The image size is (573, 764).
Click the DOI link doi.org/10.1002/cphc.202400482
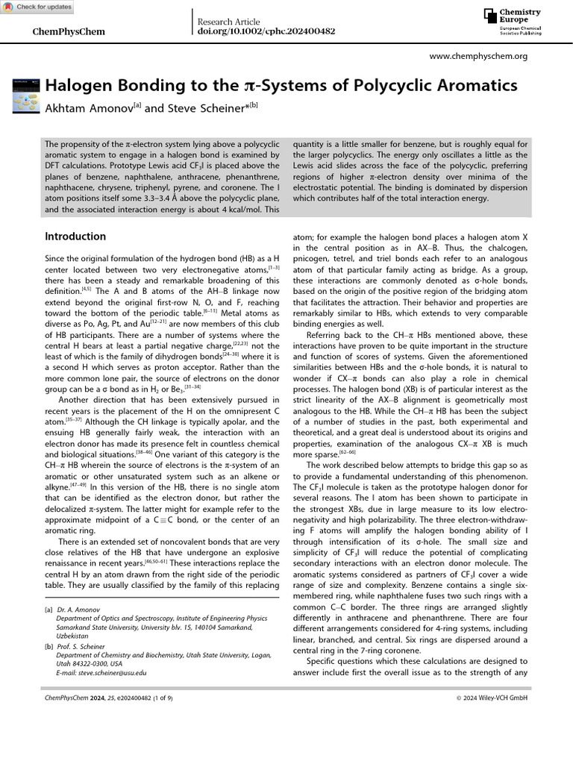tap(266, 32)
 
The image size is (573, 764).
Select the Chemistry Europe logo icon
tap(489, 16)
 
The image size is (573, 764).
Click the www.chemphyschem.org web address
tap(479, 56)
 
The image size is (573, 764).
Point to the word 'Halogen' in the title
tap(78, 85)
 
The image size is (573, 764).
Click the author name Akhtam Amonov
tap(87, 108)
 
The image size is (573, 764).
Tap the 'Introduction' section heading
tap(75, 237)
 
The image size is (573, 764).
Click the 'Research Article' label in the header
tap(228, 22)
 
